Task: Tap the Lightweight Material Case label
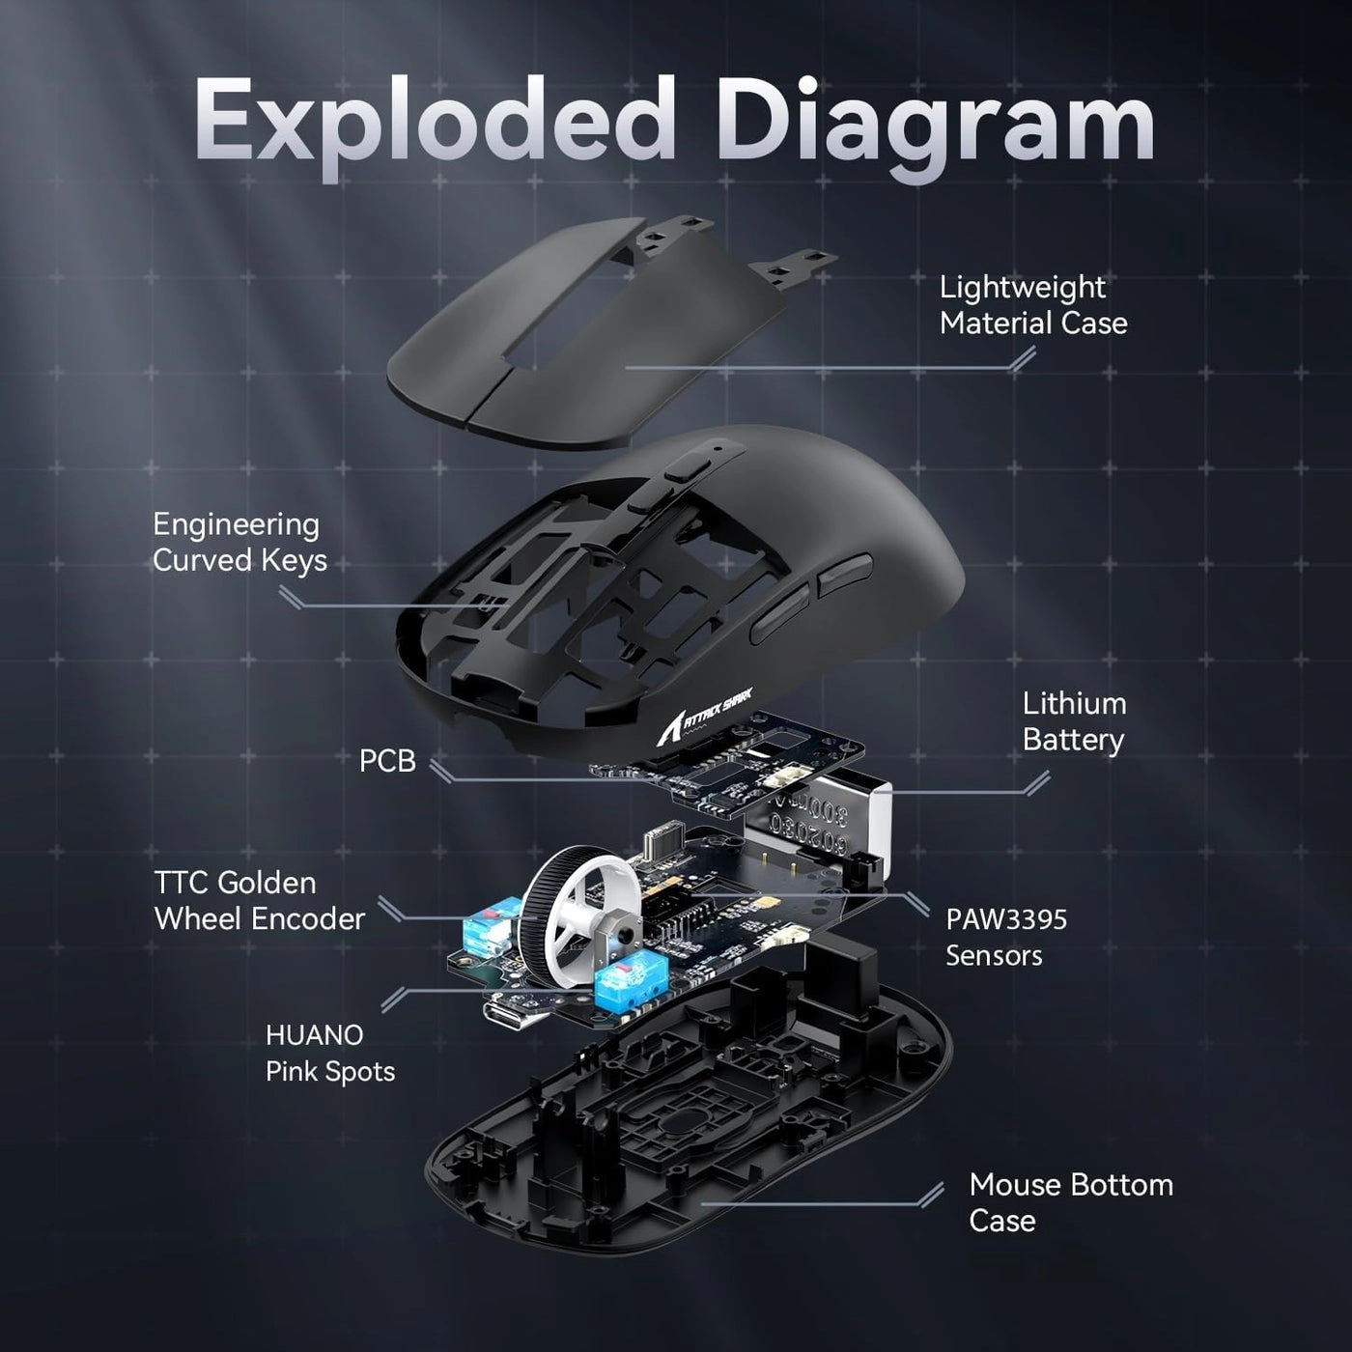pyautogui.click(x=1032, y=304)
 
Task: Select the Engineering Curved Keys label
pyautogui.click(x=239, y=542)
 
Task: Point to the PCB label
pyautogui.click(x=387, y=761)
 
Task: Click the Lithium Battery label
pyautogui.click(x=1074, y=721)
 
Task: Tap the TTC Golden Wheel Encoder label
pyautogui.click(x=259, y=900)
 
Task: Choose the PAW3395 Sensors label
pyautogui.click(x=1005, y=937)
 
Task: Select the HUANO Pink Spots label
pyautogui.click(x=329, y=1053)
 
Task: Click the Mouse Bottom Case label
pyautogui.click(x=1070, y=1202)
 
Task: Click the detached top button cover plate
pyautogui.click(x=579, y=338)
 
